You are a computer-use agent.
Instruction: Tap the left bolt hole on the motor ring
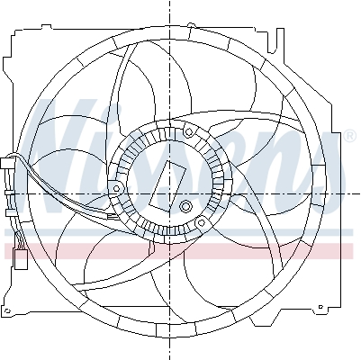point(118,187)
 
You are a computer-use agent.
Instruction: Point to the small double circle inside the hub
point(186,208)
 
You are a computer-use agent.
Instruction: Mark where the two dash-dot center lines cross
point(169,193)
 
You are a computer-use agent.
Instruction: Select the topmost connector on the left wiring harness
point(9,166)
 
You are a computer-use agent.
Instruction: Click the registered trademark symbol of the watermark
point(348,136)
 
